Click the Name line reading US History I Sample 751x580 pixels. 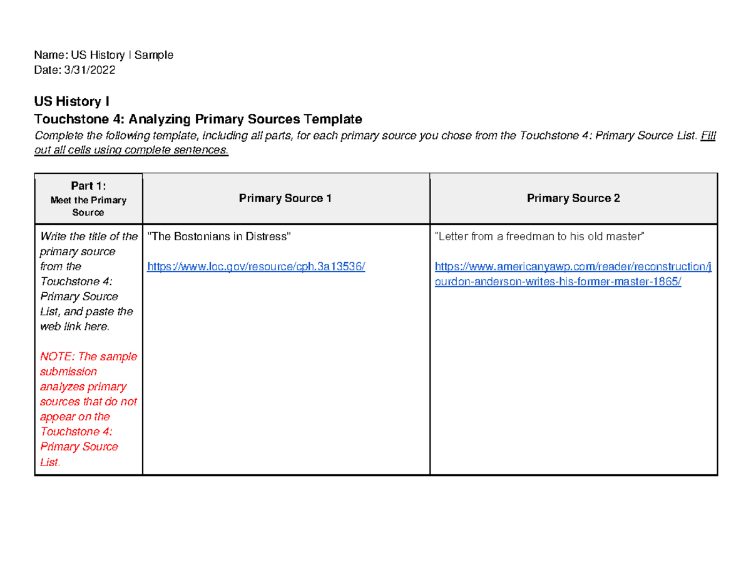tap(104, 55)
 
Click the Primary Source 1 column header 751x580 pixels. tap(285, 198)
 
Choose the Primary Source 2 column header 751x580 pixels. tap(573, 198)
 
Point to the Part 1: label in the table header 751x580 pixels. tap(88, 186)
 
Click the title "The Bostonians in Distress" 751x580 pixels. tap(219, 237)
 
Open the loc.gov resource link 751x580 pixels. tap(255, 267)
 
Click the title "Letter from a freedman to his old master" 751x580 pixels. tap(539, 237)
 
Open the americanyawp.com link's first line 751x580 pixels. tap(573, 267)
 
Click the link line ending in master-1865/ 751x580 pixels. tap(558, 282)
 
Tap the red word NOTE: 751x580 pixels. tap(56, 357)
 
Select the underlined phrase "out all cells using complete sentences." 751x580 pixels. tap(132, 151)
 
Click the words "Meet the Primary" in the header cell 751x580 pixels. tap(88, 200)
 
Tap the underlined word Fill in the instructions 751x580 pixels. tap(708, 136)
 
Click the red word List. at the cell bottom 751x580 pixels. tap(50, 462)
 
